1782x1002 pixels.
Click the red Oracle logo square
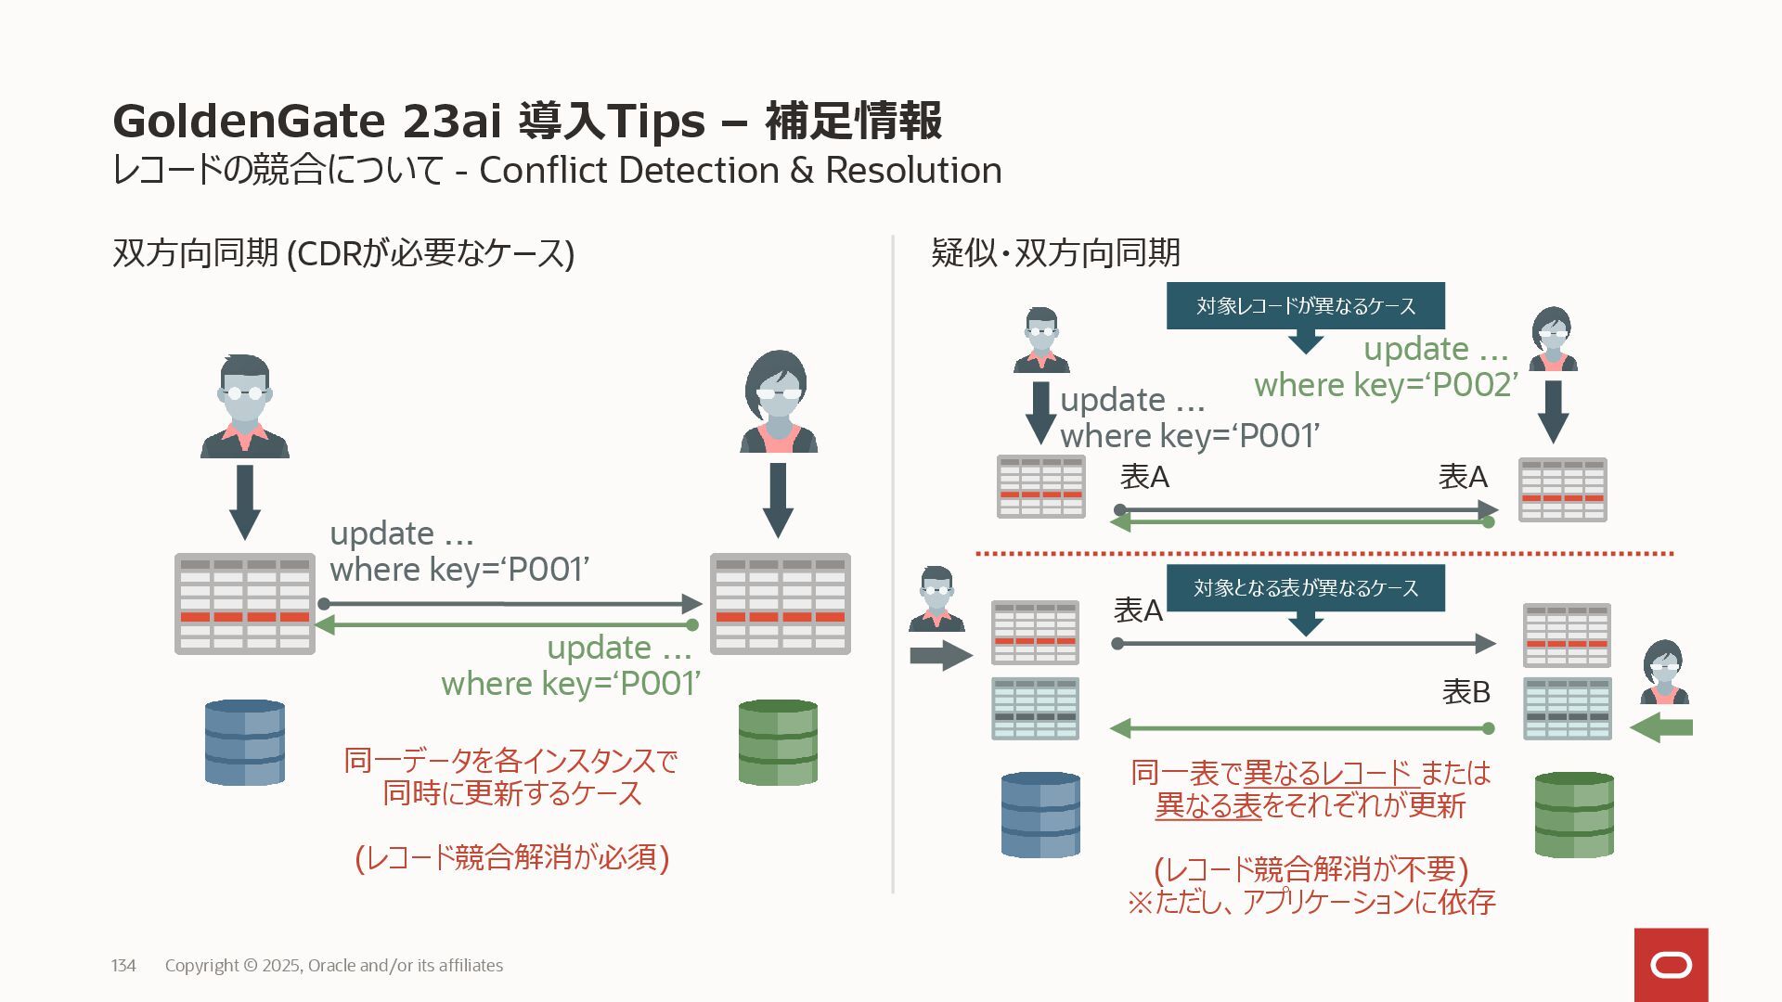(1671, 965)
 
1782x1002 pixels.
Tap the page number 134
(123, 965)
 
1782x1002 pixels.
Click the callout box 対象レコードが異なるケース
(1305, 305)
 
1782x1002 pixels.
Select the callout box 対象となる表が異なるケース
(1305, 587)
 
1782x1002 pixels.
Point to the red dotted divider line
(1324, 554)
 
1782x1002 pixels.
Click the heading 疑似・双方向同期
(1055, 252)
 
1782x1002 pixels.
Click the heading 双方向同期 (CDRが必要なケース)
(343, 252)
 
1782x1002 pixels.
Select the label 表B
(1466, 691)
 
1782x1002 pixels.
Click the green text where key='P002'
(1386, 384)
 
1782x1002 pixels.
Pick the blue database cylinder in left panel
(245, 742)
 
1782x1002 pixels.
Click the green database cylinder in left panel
(778, 742)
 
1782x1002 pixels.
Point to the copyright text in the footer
(334, 965)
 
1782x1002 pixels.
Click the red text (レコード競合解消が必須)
(512, 856)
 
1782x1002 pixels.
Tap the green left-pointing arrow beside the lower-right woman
(1661, 727)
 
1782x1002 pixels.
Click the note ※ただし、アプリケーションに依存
(1311, 901)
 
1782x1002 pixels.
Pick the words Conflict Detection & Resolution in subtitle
(740, 170)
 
